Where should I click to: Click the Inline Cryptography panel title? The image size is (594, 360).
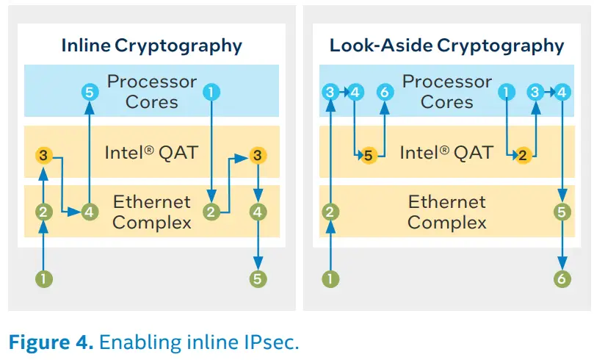coord(151,46)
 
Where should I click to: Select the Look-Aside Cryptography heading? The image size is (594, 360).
coord(446,46)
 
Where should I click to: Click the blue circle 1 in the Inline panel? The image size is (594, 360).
coord(212,93)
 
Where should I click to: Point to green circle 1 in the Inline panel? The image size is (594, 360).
coord(46,278)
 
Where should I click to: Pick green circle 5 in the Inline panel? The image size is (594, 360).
coord(258,278)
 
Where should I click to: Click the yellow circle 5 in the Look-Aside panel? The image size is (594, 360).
coord(369,156)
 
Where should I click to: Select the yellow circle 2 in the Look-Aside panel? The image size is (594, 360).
coord(522,156)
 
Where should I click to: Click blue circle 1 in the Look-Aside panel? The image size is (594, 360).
coord(506,93)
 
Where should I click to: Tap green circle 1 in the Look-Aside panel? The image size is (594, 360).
coord(331,278)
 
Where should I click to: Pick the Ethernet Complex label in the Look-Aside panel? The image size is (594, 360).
coord(446,212)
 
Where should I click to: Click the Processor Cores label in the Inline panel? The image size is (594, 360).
coord(151,91)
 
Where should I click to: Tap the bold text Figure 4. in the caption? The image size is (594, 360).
coord(51,342)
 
